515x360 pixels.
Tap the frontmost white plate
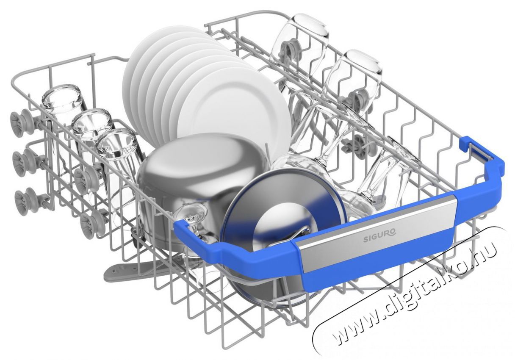click(232, 111)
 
